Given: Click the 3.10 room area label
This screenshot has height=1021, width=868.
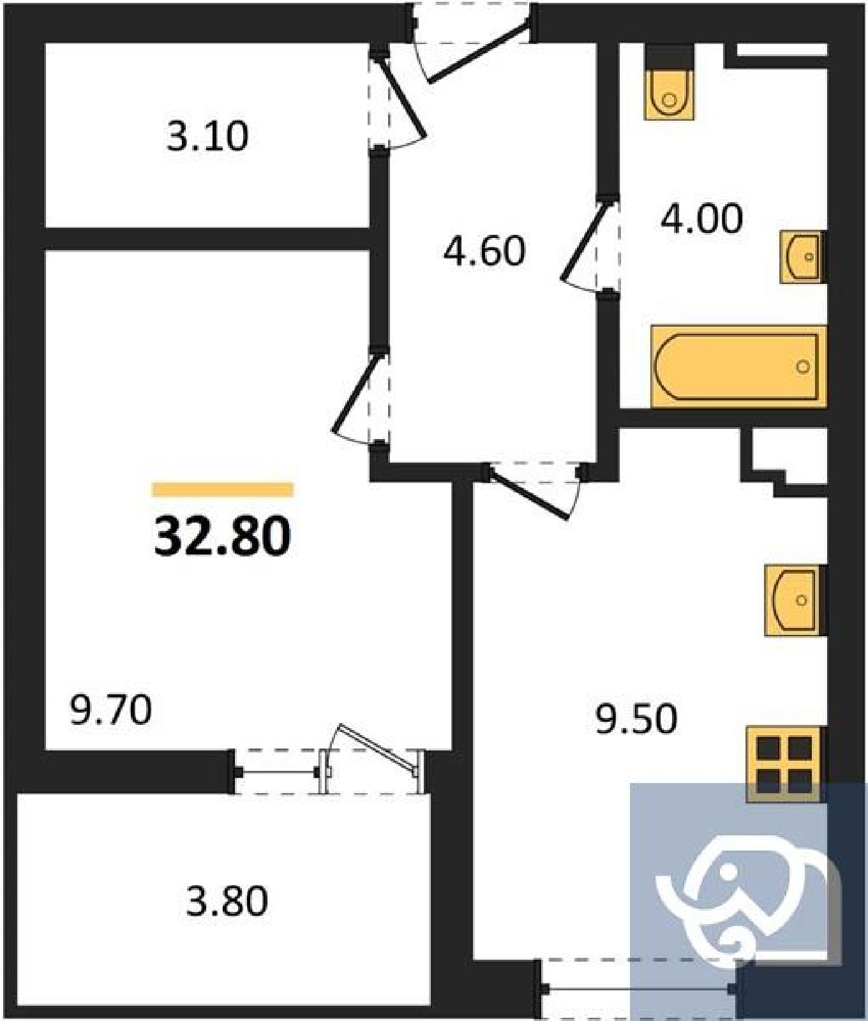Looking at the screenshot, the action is point(207,137).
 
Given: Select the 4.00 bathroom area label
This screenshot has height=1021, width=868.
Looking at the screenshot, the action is point(701,219).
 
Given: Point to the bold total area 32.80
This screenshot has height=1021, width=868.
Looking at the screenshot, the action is point(222,536).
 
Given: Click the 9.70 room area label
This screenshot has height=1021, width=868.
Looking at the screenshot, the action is point(111,711).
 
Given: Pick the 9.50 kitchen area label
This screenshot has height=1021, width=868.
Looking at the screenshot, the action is point(636,720).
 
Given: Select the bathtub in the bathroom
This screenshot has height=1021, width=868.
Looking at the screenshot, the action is point(738,366).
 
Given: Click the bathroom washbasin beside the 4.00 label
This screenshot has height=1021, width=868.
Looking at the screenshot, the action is point(803,257).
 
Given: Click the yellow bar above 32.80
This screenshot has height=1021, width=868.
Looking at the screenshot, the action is point(223,489).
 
